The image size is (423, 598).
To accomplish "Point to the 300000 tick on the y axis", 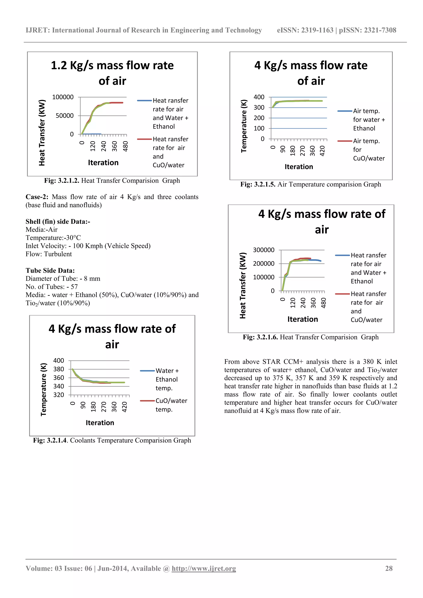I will (264, 250).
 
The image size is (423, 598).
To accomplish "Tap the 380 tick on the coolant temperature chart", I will (59, 369).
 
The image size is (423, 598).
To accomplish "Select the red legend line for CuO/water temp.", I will (147, 401).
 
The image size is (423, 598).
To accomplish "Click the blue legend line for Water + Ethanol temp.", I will (147, 371).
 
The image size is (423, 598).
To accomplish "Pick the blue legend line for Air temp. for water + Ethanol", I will (345, 111).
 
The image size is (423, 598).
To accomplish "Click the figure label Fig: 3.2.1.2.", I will (62, 180).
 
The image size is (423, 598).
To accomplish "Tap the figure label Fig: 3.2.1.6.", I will (260, 337).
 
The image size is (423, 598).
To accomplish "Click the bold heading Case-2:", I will (37, 197).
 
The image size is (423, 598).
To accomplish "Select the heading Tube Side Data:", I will (50, 270).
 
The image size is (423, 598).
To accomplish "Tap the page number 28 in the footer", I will (389, 568).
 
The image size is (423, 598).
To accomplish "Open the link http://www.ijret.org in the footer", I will (204, 568).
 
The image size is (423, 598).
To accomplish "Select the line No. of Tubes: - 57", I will (52, 287).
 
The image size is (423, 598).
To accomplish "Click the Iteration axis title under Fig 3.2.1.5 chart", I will (299, 167).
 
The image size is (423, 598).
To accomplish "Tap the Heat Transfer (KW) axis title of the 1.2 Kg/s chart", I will (42, 133).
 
